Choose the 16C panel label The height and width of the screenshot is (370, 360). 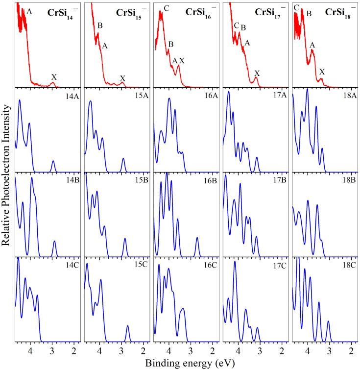pyautogui.click(x=210, y=265)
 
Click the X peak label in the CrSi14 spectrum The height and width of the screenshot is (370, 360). pyautogui.click(x=54, y=77)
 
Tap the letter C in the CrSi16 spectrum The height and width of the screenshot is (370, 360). pyautogui.click(x=167, y=8)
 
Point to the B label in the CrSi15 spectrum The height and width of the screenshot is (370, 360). pyautogui.click(x=100, y=25)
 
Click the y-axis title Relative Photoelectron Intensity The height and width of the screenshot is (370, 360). pyautogui.click(x=7, y=184)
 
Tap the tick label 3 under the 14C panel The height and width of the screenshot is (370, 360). pyautogui.click(x=52, y=351)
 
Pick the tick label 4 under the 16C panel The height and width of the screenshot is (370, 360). pyautogui.click(x=169, y=351)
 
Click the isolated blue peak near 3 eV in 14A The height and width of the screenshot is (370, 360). pyautogui.click(x=53, y=163)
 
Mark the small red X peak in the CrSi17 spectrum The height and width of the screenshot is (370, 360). pyautogui.click(x=256, y=78)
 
